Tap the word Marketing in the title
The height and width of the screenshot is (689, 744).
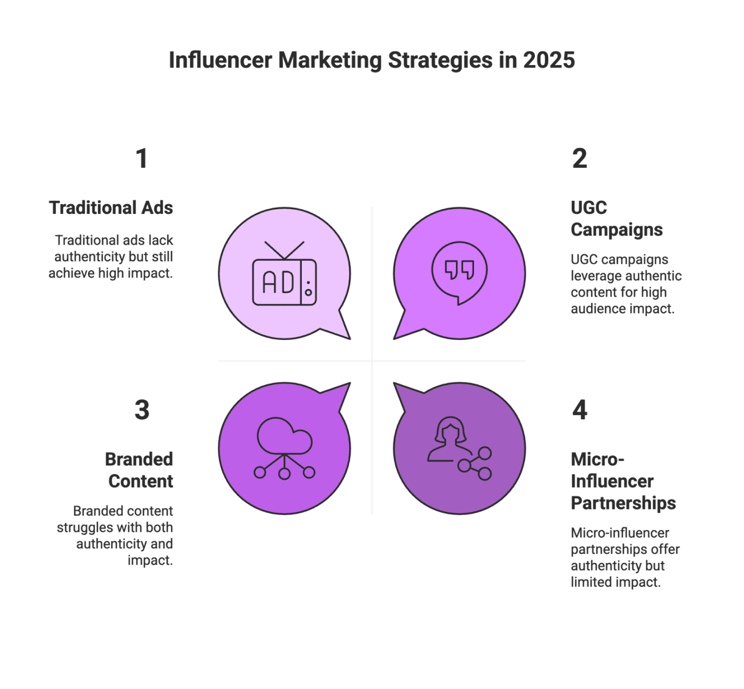330,60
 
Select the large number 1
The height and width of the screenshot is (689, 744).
142,158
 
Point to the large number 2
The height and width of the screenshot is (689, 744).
580,158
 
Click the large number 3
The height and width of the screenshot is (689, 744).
142,410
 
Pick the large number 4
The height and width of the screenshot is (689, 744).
580,410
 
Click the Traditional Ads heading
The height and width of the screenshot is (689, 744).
111,208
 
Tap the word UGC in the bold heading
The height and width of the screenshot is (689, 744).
588,208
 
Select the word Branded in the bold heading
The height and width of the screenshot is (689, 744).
138,459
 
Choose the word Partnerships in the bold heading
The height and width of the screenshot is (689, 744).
623,503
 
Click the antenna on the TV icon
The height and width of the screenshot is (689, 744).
284,250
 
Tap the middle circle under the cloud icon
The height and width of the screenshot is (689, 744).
284,473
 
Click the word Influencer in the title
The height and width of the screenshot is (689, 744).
220,60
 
